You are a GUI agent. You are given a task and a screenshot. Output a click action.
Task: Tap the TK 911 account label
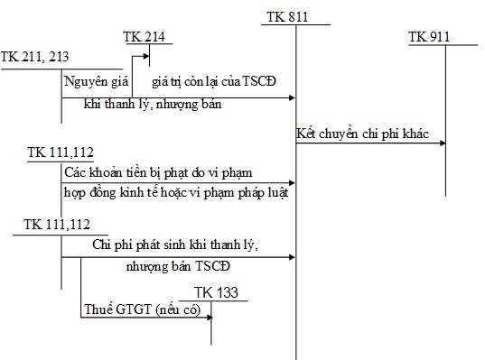click(429, 37)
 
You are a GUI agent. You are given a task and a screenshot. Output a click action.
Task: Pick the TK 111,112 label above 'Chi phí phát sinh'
click(57, 223)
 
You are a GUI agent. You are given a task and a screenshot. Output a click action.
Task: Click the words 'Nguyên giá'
click(93, 81)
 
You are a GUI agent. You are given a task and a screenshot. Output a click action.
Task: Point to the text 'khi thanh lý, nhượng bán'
click(152, 105)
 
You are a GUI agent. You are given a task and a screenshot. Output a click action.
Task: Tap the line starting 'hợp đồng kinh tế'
click(176, 193)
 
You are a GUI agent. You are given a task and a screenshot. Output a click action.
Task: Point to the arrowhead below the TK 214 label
click(145, 61)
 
